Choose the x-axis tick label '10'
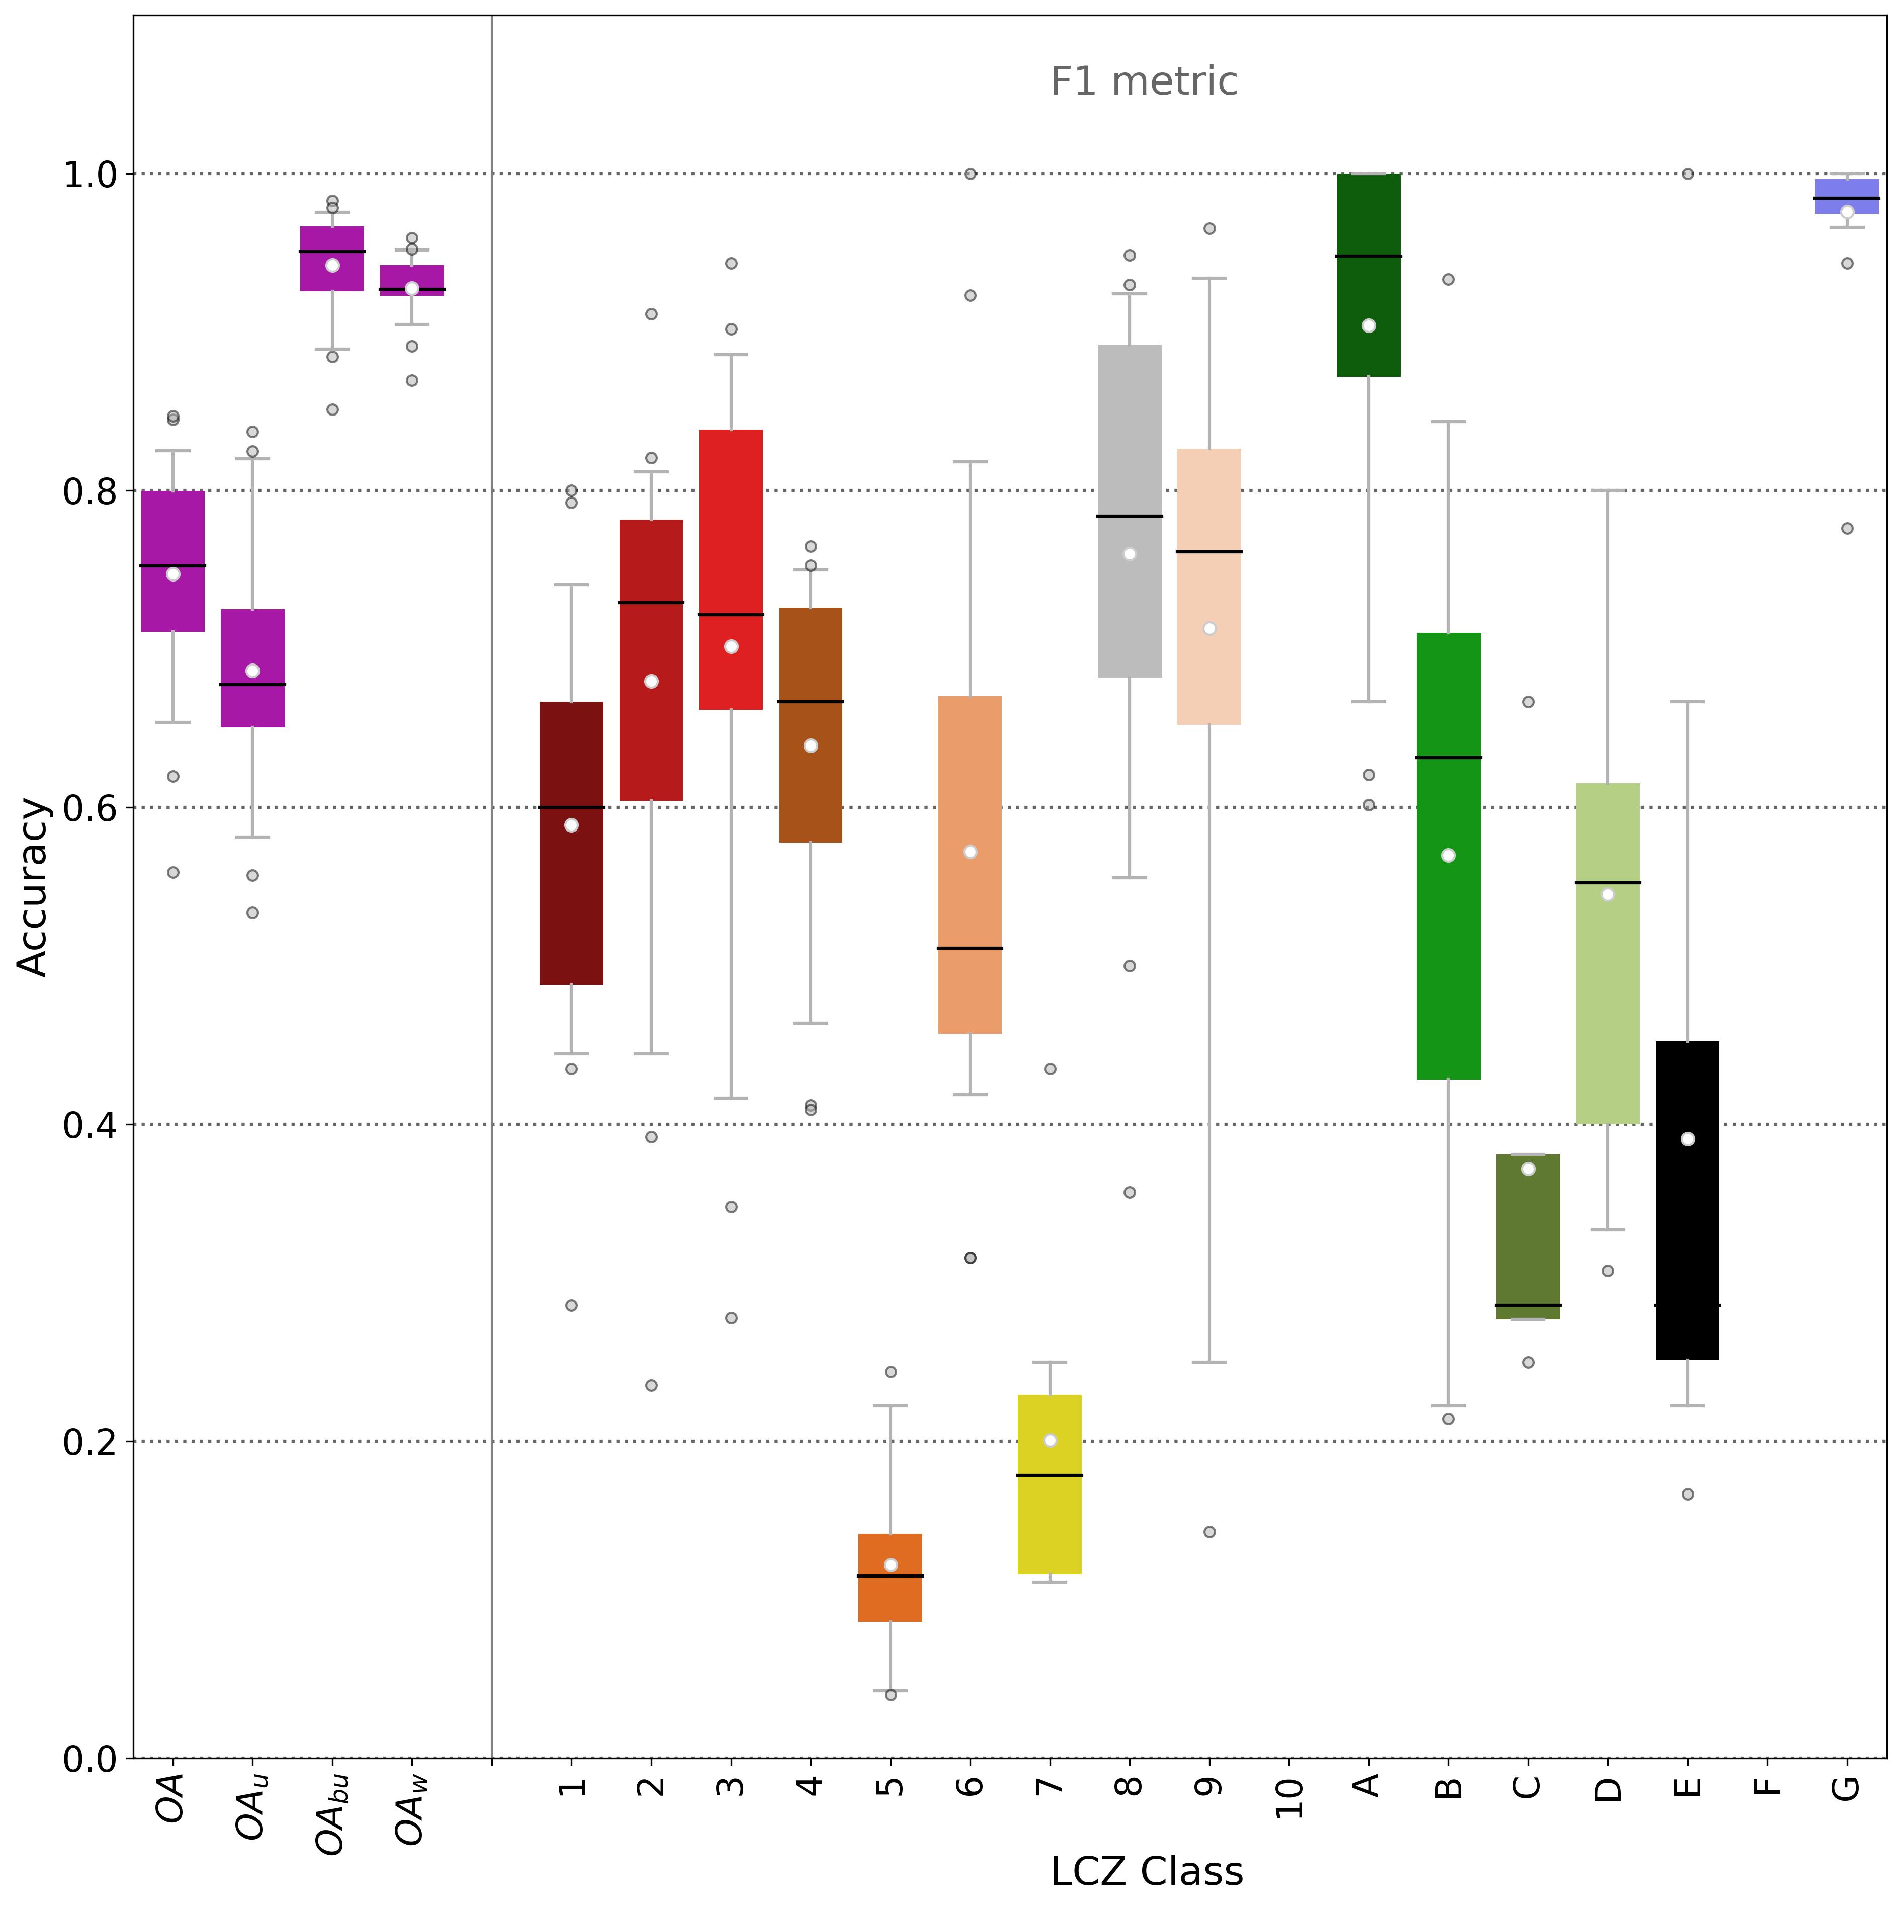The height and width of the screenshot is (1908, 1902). point(1289,1797)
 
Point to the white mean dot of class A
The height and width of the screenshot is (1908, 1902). point(1369,326)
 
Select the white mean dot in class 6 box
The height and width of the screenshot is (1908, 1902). point(970,851)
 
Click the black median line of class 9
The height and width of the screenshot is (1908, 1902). point(1209,551)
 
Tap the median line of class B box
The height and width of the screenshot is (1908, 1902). point(1449,758)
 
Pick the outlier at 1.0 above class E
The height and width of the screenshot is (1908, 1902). point(1688,174)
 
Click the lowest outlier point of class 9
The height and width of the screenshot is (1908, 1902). point(1209,1532)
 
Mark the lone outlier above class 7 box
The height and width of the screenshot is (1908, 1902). point(1050,1068)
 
